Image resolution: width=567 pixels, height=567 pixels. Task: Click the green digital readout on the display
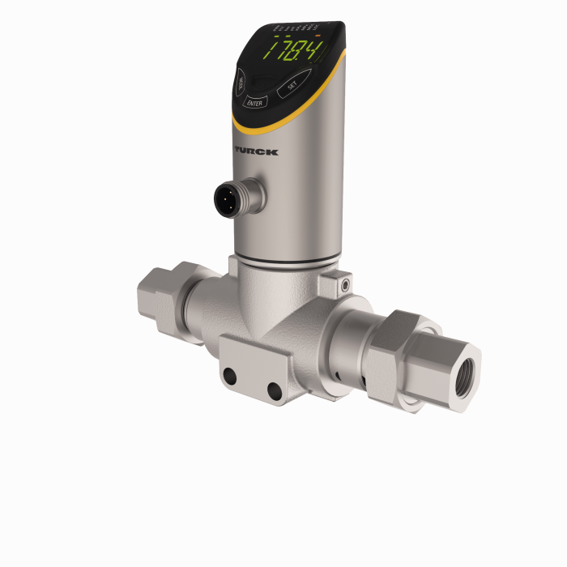click(x=296, y=53)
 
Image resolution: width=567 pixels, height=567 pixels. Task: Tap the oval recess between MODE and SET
click(x=260, y=81)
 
